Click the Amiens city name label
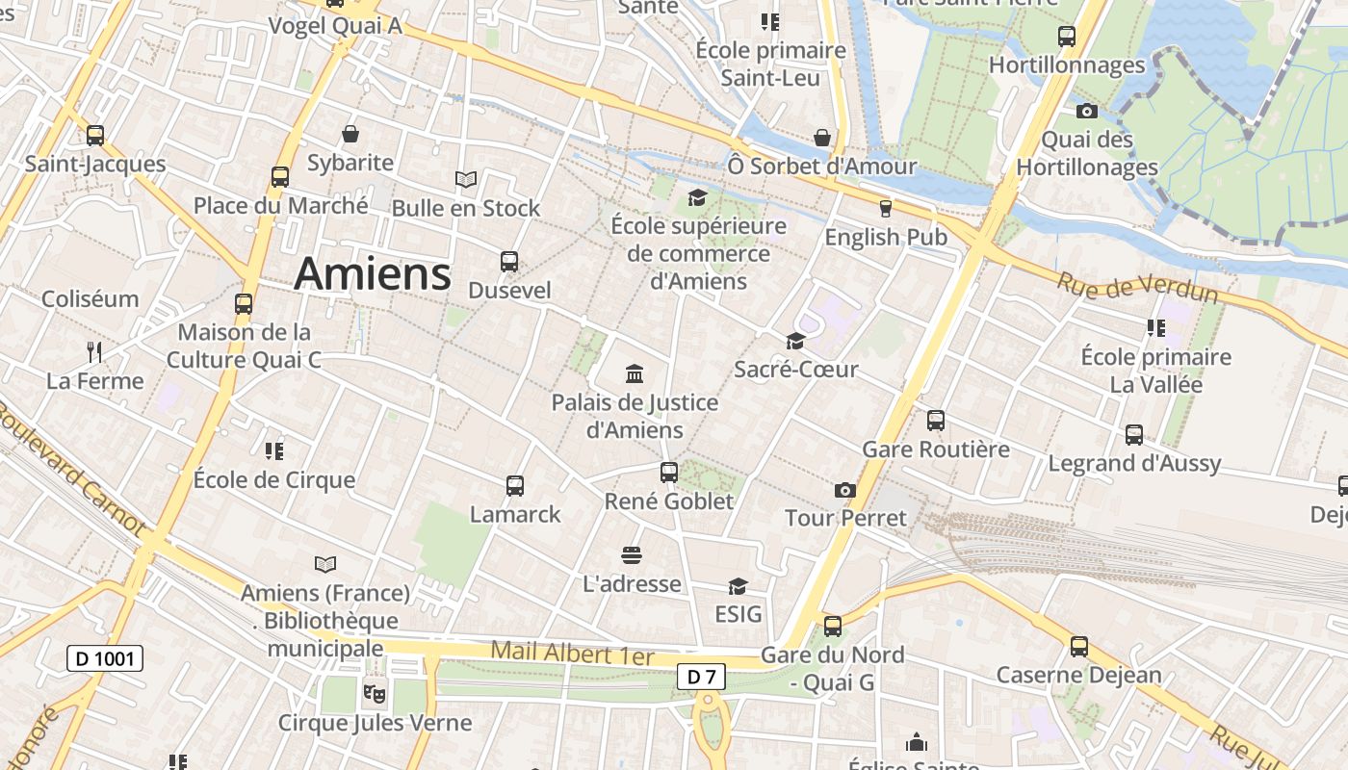coord(373,273)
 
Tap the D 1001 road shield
coord(105,658)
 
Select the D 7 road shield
coord(701,677)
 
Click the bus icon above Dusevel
coord(509,261)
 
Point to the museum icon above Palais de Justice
coord(635,373)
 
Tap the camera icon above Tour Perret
coord(845,490)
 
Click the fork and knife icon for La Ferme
coord(94,351)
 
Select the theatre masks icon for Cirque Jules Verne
coord(375,691)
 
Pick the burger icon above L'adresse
coord(632,555)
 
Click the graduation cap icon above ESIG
coord(738,586)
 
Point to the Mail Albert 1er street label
coord(572,654)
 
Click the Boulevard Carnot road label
coord(71,472)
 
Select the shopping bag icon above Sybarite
coord(350,134)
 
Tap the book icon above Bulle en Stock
coord(466,179)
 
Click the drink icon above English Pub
coord(886,208)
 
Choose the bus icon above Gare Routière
coord(936,421)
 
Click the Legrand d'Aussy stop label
coord(1134,463)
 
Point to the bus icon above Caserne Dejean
coord(1079,647)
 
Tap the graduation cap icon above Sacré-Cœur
coord(795,341)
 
